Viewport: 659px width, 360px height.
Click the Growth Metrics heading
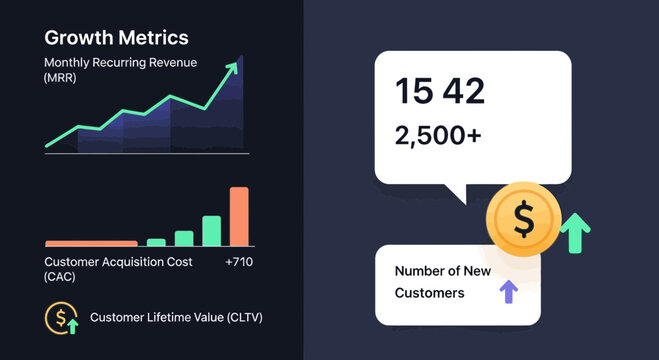[116, 38]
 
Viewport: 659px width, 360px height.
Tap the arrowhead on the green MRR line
[232, 68]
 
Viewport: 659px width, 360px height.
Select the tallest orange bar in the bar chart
[238, 216]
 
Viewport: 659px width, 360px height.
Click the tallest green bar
[211, 230]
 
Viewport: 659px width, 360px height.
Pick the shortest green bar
[156, 242]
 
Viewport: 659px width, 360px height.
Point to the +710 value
[240, 262]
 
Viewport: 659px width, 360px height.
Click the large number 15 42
[439, 91]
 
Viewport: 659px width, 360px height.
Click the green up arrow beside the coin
[574, 232]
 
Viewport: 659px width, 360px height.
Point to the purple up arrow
[509, 290]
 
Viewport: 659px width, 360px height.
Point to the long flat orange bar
[91, 243]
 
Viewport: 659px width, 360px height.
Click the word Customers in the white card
[430, 293]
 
